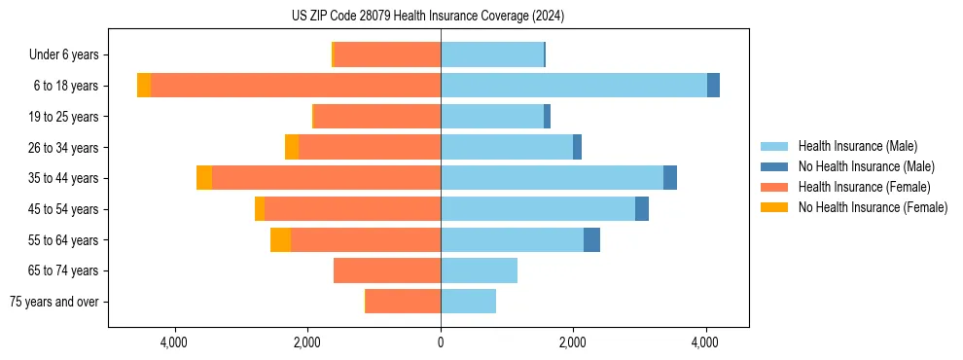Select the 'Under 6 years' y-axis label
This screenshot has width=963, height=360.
[x=64, y=54]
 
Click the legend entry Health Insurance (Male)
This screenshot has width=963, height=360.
[x=857, y=146]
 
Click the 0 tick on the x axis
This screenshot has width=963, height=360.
[x=441, y=342]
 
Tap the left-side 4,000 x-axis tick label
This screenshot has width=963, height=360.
[x=175, y=342]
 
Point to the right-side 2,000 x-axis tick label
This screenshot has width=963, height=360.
[x=573, y=342]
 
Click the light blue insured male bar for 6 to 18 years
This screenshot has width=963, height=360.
[x=574, y=86]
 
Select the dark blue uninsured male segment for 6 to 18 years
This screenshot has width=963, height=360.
[x=713, y=86]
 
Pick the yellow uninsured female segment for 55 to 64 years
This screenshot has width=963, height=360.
[x=280, y=240]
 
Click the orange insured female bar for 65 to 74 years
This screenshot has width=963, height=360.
[x=387, y=270]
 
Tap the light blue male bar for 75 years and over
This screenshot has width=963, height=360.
[x=468, y=302]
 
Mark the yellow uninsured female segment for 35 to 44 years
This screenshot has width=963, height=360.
[x=204, y=178]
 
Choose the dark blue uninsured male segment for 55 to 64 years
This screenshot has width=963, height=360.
[x=591, y=240]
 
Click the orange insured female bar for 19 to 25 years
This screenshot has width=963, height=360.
[x=377, y=117]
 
